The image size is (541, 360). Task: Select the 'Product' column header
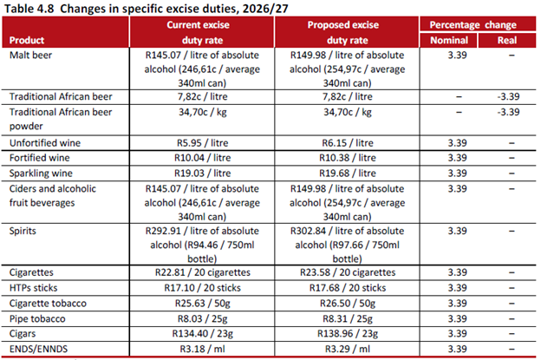tap(28, 41)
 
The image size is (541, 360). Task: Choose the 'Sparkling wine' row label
tap(40, 173)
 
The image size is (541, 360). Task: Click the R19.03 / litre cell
tap(202, 173)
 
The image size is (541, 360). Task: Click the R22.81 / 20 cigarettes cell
tap(202, 272)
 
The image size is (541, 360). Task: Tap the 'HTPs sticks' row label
tap(36, 287)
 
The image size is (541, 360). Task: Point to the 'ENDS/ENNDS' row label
tap(37, 349)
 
